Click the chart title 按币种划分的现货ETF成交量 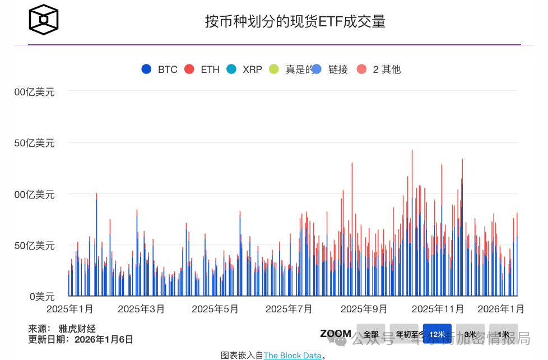pyautogui.click(x=295, y=22)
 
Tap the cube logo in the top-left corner pyautogui.click(x=44, y=20)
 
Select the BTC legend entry pyautogui.click(x=160, y=70)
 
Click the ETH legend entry pyautogui.click(x=203, y=70)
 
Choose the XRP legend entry pyautogui.click(x=245, y=70)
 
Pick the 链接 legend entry pyautogui.click(x=331, y=70)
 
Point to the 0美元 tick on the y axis pyautogui.click(x=42, y=296)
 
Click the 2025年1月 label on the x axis pyautogui.click(x=70, y=309)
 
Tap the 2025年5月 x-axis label pyautogui.click(x=215, y=309)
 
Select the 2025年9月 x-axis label pyautogui.click(x=364, y=309)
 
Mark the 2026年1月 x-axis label pyautogui.click(x=501, y=309)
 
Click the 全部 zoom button pyautogui.click(x=371, y=334)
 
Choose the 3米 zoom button pyautogui.click(x=470, y=334)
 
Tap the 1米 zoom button pyautogui.click(x=503, y=334)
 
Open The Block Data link pyautogui.click(x=292, y=356)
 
